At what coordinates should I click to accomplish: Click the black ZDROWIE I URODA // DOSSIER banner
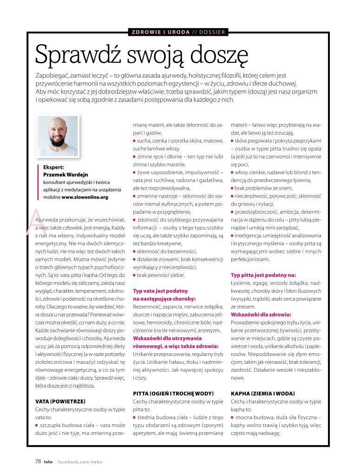tap(179, 32)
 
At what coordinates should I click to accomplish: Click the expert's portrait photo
tap(58, 136)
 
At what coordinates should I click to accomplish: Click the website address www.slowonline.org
tap(85, 197)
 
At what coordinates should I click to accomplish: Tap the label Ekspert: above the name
tap(53, 167)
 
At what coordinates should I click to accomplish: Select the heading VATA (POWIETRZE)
tap(61, 401)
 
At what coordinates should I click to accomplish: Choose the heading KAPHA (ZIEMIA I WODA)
tap(262, 393)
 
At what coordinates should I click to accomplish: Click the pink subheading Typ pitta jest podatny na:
tap(263, 275)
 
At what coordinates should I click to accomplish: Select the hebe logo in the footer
tap(48, 461)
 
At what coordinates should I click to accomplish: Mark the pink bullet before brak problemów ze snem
tap(232, 188)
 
